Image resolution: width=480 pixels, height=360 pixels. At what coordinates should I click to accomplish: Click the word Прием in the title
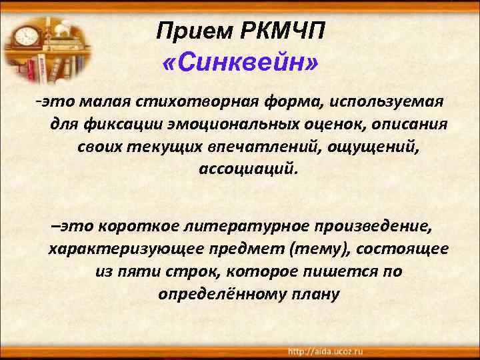[189, 31]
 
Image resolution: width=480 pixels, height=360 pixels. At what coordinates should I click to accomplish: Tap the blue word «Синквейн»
[240, 64]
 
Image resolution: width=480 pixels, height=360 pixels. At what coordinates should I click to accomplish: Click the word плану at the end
[315, 293]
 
